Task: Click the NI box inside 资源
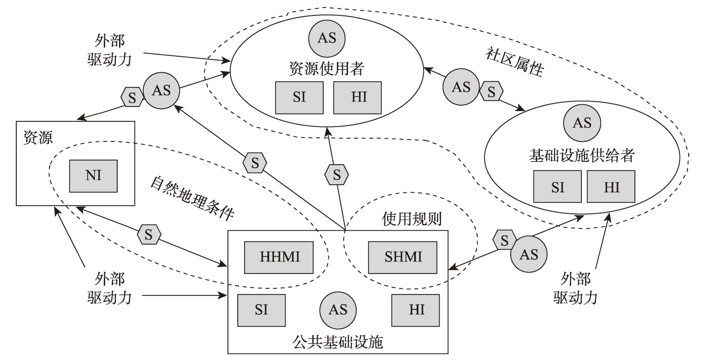click(x=93, y=175)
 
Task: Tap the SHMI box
click(x=402, y=257)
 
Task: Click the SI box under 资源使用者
click(x=299, y=98)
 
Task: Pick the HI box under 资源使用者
click(x=357, y=98)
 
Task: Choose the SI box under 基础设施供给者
click(x=557, y=187)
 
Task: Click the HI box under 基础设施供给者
click(x=611, y=187)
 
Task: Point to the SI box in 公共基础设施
click(x=261, y=310)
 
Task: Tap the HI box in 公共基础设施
click(x=415, y=310)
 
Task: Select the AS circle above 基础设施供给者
click(x=581, y=123)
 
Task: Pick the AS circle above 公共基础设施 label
click(x=338, y=310)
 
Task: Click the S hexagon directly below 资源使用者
click(x=337, y=175)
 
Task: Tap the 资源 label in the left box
click(x=38, y=138)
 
